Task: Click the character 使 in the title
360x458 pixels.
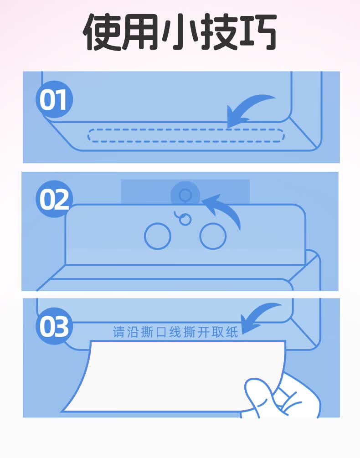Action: (102, 32)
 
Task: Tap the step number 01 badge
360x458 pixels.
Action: (54, 99)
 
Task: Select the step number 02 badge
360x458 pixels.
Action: (54, 199)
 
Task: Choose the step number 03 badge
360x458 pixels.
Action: (54, 326)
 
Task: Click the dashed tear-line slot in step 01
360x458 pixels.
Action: (185, 129)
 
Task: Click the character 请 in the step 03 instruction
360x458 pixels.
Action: (119, 332)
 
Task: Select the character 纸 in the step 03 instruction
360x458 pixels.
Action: (232, 332)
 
